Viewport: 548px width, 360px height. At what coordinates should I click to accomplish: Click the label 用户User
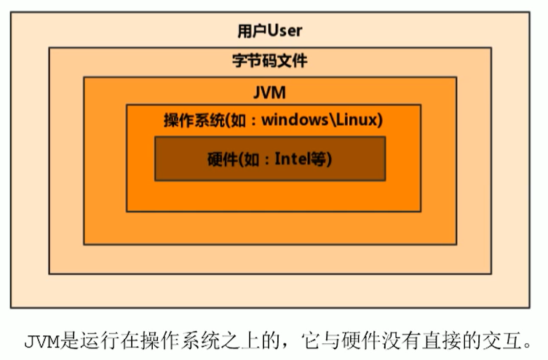tap(269, 31)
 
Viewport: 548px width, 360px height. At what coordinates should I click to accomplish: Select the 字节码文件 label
tap(269, 61)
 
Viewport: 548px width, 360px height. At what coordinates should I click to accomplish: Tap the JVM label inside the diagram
tap(269, 92)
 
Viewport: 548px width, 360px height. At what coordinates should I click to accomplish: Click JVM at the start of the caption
tap(41, 340)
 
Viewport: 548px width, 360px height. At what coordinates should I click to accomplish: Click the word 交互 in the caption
tap(504, 340)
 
